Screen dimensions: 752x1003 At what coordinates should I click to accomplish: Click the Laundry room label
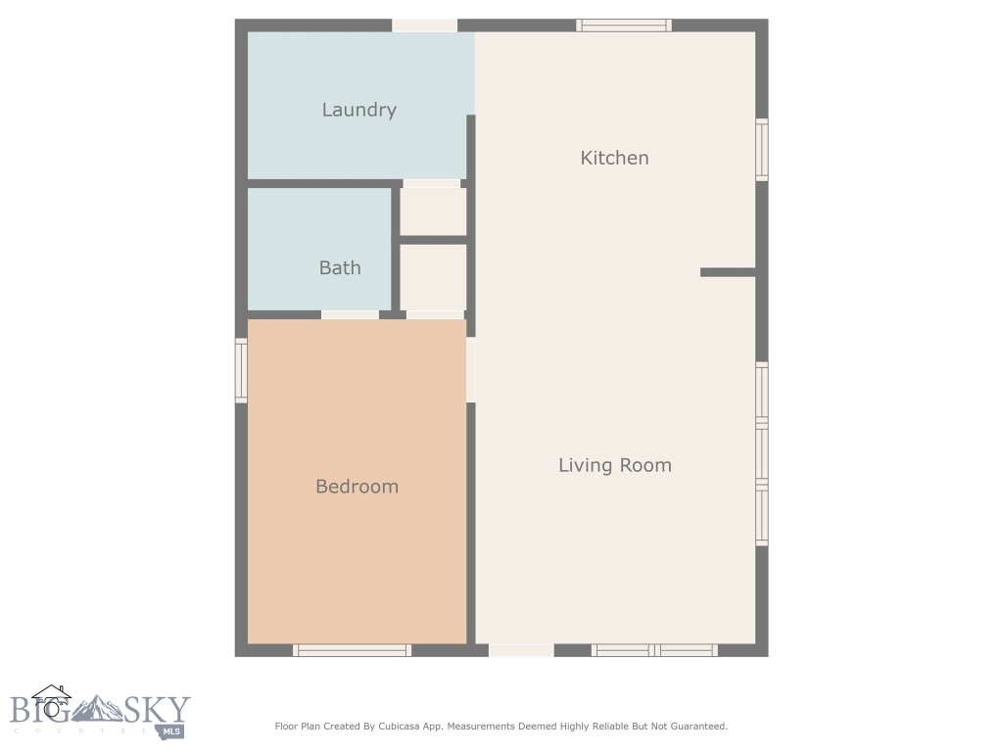358,110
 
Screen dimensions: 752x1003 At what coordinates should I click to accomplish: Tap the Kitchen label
614,158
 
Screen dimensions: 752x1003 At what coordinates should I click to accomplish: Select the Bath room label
340,267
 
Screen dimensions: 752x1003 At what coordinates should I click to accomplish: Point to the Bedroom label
357,487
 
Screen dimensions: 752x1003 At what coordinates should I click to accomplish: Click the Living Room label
615,465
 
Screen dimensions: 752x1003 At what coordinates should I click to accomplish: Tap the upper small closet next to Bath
433,211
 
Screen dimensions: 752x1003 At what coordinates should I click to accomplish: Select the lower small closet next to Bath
433,277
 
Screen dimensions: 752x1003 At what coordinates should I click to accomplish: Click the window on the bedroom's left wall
241,370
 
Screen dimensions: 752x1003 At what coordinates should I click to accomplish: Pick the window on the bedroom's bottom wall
352,650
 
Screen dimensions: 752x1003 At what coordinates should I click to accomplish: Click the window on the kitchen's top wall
623,25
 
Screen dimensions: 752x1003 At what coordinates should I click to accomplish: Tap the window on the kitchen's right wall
761,150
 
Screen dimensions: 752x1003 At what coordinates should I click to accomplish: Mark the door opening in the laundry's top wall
424,25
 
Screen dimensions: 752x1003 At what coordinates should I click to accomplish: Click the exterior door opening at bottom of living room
521,650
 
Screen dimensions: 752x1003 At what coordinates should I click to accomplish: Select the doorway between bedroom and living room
471,369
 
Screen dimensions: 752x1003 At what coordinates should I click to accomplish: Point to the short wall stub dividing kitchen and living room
728,272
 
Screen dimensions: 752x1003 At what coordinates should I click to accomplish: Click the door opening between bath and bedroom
350,314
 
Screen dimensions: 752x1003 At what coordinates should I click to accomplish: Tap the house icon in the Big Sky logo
51,701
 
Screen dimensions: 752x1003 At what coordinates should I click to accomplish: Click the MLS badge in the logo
172,730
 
